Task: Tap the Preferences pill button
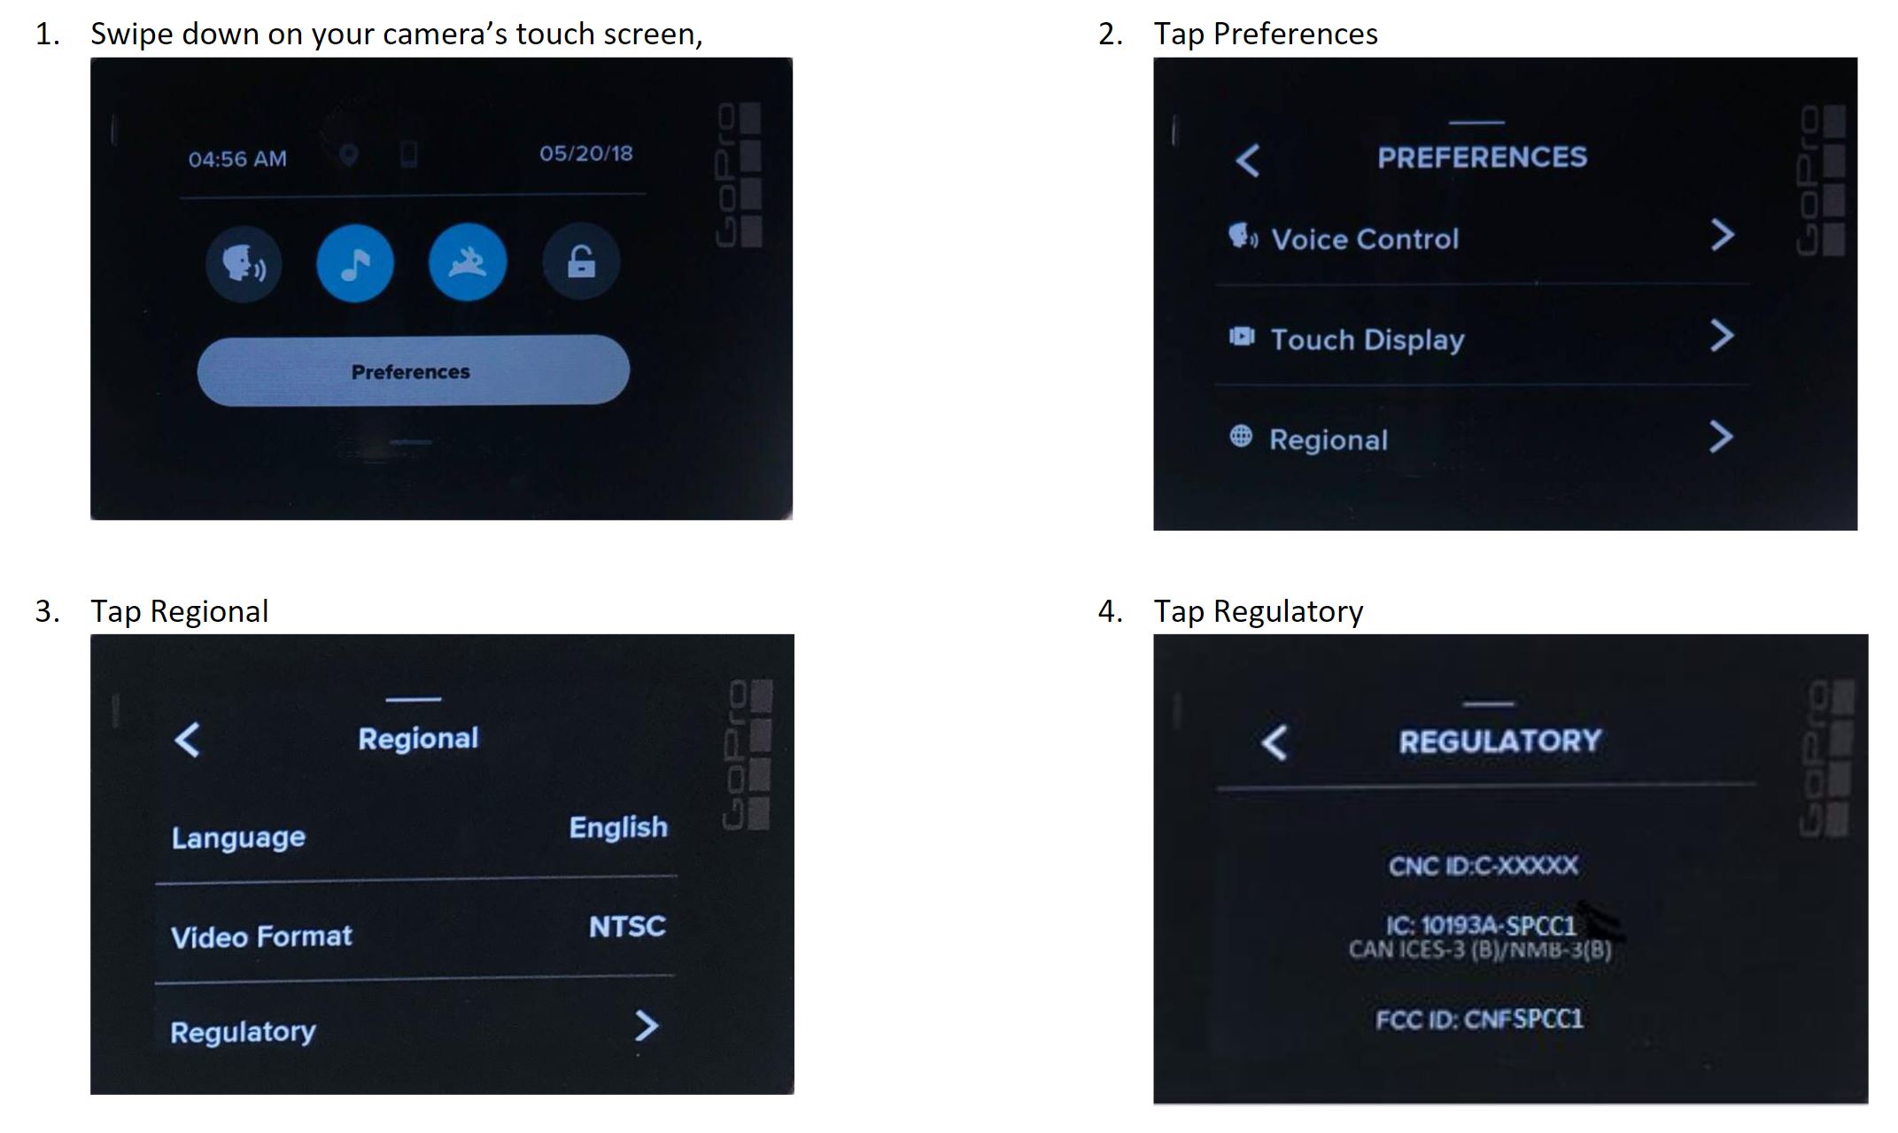pyautogui.click(x=413, y=370)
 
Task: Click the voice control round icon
pyautogui.click(x=244, y=263)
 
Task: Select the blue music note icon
pyautogui.click(x=355, y=263)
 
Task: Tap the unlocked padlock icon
pyautogui.click(x=581, y=261)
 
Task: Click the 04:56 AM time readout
pyautogui.click(x=237, y=159)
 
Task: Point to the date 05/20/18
pyautogui.click(x=586, y=153)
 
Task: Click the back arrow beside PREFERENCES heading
pyautogui.click(x=1248, y=160)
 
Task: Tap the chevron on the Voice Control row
pyautogui.click(x=1722, y=235)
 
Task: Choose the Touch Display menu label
pyautogui.click(x=1367, y=339)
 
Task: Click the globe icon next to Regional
pyautogui.click(x=1241, y=436)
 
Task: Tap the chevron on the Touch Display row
pyautogui.click(x=1722, y=336)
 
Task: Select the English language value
pyautogui.click(x=618, y=827)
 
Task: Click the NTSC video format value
pyautogui.click(x=627, y=927)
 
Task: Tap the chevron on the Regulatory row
pyautogui.click(x=647, y=1026)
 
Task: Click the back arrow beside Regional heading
pyautogui.click(x=188, y=740)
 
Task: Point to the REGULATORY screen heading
pyautogui.click(x=1500, y=741)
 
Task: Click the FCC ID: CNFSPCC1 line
pyautogui.click(x=1479, y=1020)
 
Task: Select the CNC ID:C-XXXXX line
pyautogui.click(x=1484, y=865)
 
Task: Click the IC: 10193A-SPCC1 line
pyautogui.click(x=1481, y=926)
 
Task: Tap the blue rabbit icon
pyautogui.click(x=468, y=262)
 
